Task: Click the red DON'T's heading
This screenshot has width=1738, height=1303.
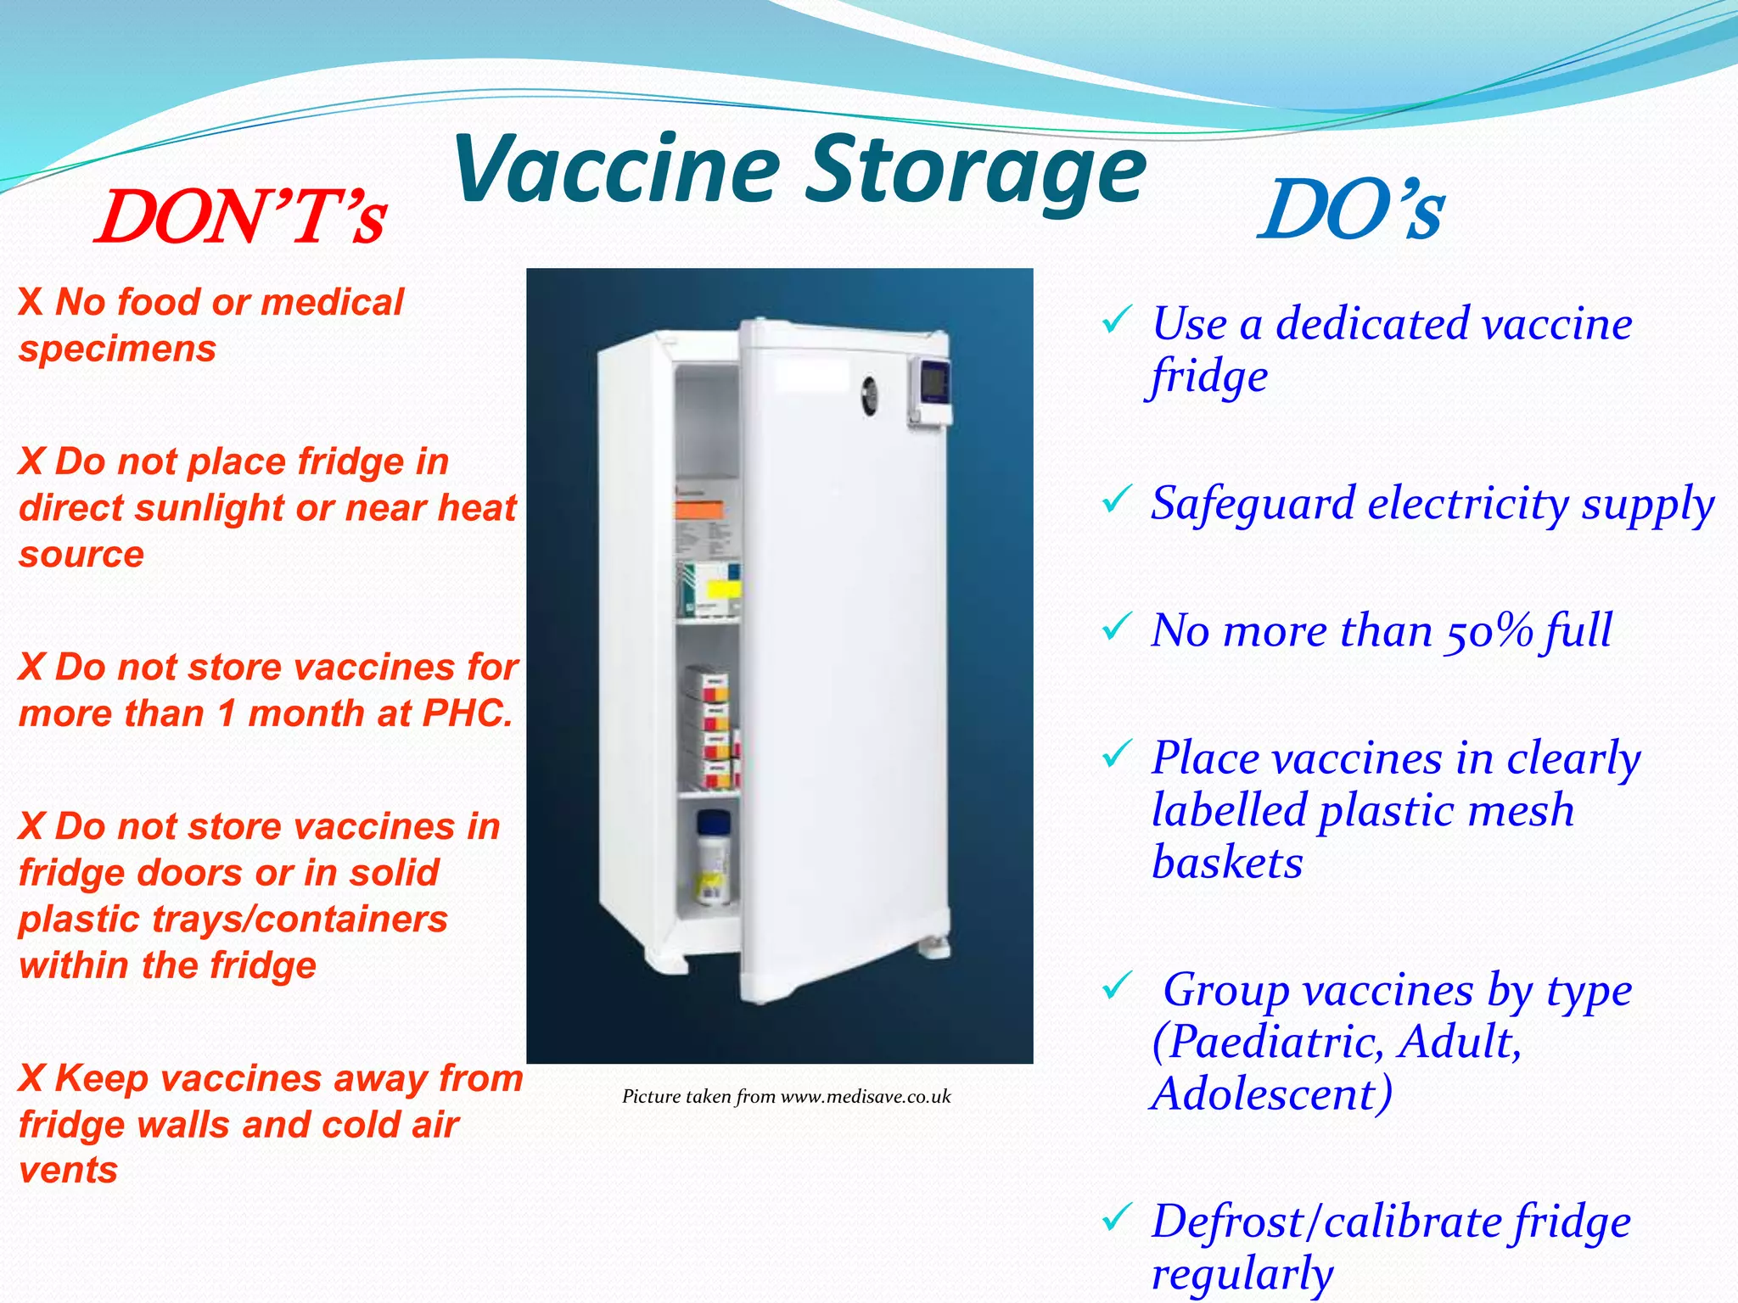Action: [241, 218]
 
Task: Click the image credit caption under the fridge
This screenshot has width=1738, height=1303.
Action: [787, 1097]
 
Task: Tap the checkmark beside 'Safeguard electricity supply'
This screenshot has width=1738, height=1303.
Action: [1115, 501]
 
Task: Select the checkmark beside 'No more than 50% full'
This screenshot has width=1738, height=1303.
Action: [1115, 629]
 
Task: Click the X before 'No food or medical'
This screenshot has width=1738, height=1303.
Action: [31, 303]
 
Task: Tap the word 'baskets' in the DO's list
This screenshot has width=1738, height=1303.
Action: [1227, 864]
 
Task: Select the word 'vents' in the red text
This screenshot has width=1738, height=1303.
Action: [68, 1171]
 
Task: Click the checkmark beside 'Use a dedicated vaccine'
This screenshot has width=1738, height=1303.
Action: [1115, 322]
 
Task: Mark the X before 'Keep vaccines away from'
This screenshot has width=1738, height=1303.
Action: [31, 1079]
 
